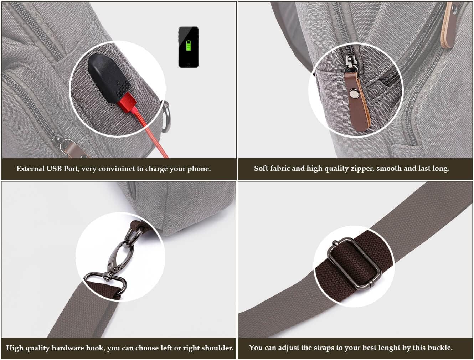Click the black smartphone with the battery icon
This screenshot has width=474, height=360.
click(188, 47)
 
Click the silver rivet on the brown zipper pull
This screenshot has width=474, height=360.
click(354, 93)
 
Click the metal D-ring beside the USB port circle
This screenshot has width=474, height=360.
click(166, 116)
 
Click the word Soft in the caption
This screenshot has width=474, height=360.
click(261, 168)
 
